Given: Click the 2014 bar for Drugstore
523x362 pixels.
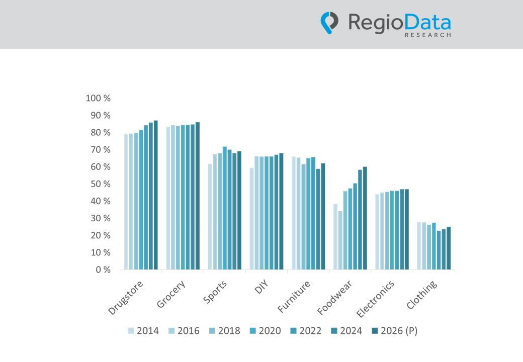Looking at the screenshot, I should pos(126,202).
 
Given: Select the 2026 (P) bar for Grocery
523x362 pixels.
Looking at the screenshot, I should pos(198,196).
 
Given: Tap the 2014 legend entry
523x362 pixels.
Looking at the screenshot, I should pos(143,331).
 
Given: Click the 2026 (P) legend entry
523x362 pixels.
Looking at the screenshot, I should pos(394,331).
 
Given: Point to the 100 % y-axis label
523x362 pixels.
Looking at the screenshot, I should pos(98,98).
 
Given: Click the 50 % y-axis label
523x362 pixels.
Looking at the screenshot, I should pos(101,184).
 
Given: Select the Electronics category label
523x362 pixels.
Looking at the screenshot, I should pos(375,299).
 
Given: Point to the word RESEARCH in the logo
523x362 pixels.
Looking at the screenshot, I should pos(427,35).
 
